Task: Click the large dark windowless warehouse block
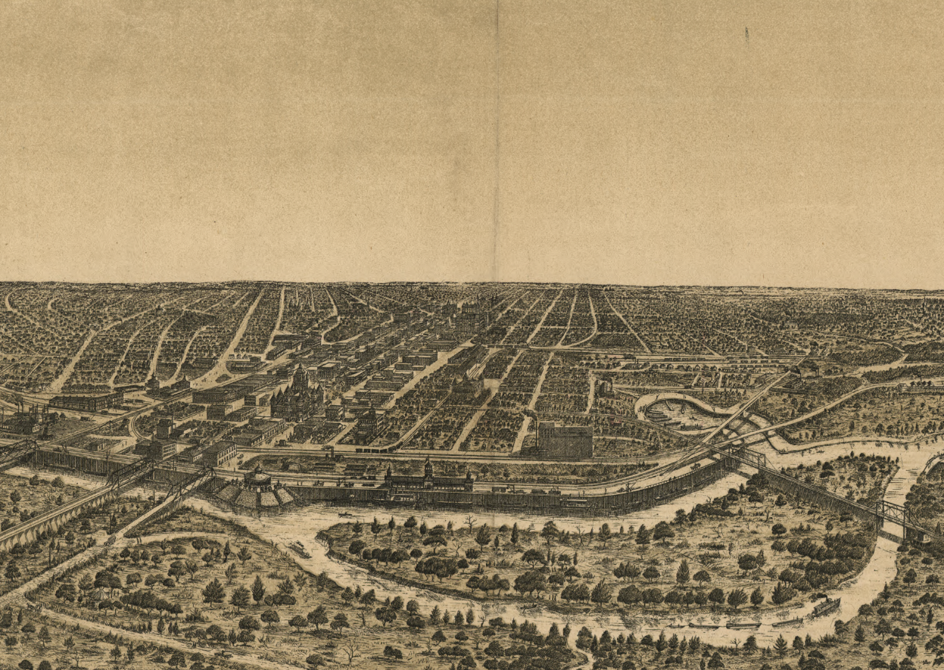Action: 565,441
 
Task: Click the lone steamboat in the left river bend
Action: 298,549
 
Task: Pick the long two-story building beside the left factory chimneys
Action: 87,400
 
